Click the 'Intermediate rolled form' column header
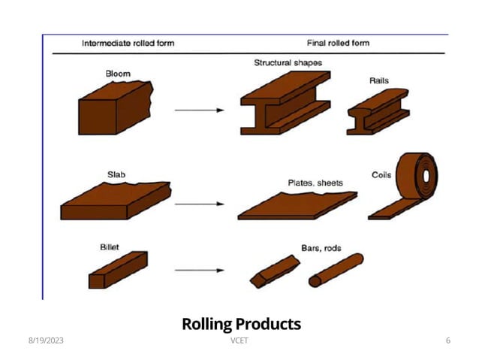click(x=128, y=43)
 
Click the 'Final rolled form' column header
click(x=338, y=43)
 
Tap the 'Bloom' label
click(x=117, y=73)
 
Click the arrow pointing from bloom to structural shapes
click(x=199, y=110)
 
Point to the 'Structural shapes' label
click(x=288, y=63)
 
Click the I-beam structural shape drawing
click(x=284, y=105)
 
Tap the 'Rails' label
click(x=379, y=80)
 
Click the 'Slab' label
click(x=116, y=174)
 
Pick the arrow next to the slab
click(x=199, y=204)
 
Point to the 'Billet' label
click(x=110, y=246)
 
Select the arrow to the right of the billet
click(x=199, y=270)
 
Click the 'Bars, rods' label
click(x=321, y=247)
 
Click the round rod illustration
click(x=336, y=271)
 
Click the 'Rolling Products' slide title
click(x=241, y=324)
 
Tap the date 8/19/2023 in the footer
click(x=46, y=341)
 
